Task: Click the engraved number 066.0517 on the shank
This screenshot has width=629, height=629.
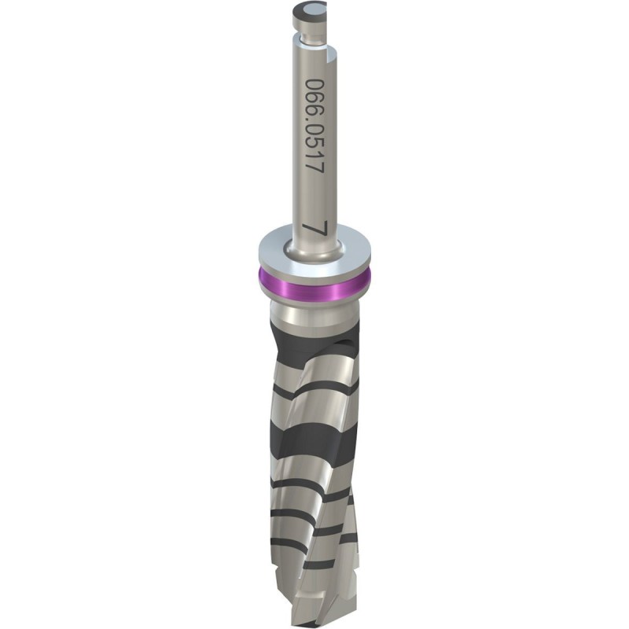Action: pos(314,126)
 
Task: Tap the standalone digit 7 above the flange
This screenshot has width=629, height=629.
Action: pos(314,230)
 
